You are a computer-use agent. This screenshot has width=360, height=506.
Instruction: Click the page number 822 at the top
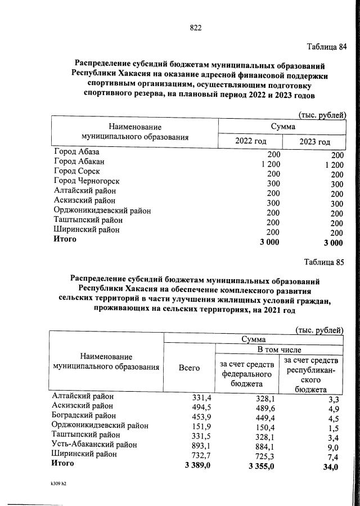[x=196, y=28]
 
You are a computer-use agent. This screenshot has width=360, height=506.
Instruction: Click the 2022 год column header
[x=250, y=141]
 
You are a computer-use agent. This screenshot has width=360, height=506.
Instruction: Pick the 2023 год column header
[x=313, y=141]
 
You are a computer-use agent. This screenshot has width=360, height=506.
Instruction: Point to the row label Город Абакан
[x=79, y=162]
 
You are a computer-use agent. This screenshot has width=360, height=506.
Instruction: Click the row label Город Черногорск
[x=87, y=181]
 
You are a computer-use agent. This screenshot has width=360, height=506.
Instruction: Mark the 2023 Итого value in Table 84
[x=332, y=243]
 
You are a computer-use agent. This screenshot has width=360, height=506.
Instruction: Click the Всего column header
[x=189, y=368]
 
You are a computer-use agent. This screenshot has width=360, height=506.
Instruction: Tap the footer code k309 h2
[x=58, y=483]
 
